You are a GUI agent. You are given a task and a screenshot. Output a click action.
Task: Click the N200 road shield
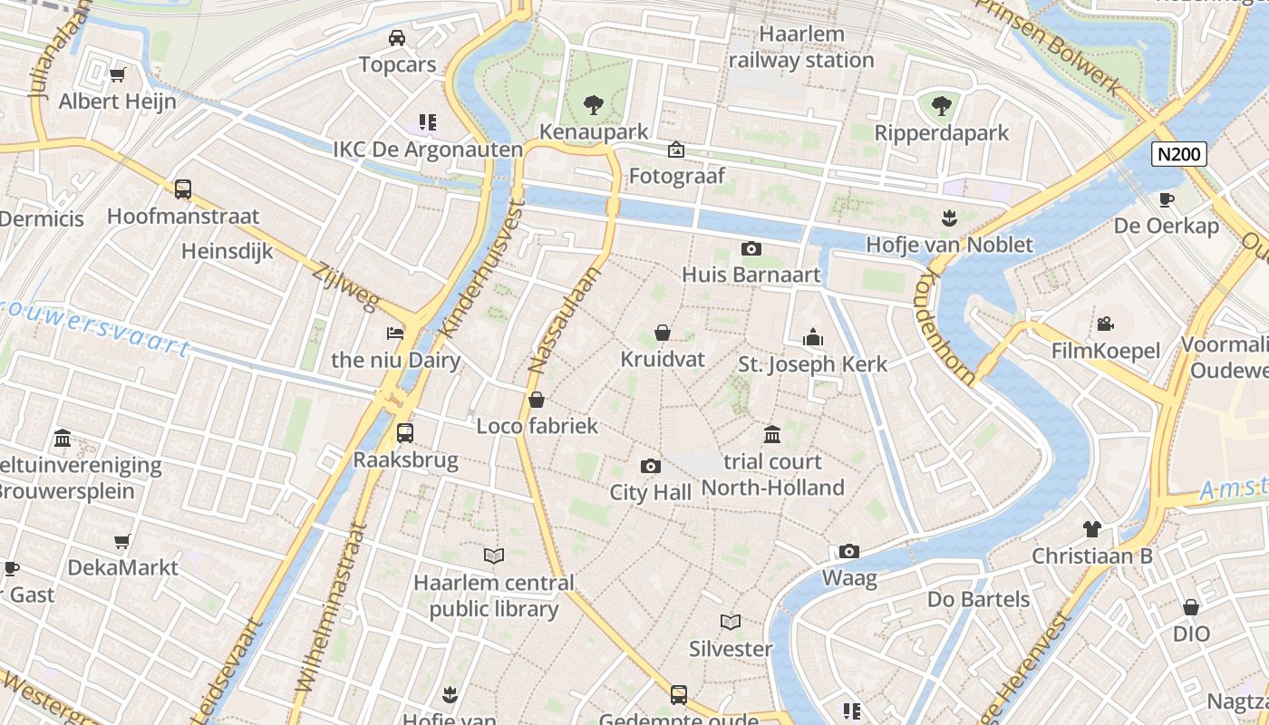click(x=1179, y=154)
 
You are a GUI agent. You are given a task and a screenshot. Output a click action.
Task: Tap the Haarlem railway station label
click(x=801, y=48)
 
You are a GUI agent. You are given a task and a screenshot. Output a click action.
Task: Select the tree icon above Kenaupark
click(x=593, y=104)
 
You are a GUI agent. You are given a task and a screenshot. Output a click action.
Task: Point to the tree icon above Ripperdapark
click(x=942, y=106)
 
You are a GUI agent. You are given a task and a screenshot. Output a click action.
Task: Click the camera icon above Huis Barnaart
click(x=751, y=248)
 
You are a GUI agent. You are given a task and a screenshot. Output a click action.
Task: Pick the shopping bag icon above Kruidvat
click(x=663, y=333)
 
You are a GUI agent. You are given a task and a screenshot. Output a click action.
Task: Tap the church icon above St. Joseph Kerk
click(x=813, y=337)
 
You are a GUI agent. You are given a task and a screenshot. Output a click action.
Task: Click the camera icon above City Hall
click(x=650, y=466)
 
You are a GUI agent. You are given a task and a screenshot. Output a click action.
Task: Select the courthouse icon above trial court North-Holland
click(x=772, y=435)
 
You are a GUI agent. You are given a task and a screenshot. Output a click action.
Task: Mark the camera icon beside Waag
click(x=848, y=551)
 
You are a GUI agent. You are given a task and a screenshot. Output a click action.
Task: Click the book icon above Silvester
click(x=731, y=622)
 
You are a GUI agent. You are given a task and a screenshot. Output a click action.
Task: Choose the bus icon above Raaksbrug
click(x=405, y=432)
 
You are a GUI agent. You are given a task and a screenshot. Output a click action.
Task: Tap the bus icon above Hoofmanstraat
click(x=183, y=189)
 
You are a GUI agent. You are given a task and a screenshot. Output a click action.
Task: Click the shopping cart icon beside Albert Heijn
click(x=117, y=74)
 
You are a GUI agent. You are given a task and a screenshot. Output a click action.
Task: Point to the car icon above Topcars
click(x=397, y=37)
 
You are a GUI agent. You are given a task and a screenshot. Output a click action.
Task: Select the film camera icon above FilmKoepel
click(x=1105, y=324)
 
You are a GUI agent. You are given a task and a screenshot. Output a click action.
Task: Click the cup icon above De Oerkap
click(x=1166, y=199)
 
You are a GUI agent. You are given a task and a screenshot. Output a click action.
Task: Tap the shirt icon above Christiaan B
click(x=1091, y=528)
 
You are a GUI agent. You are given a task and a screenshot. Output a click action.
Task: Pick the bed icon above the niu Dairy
click(x=395, y=333)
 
